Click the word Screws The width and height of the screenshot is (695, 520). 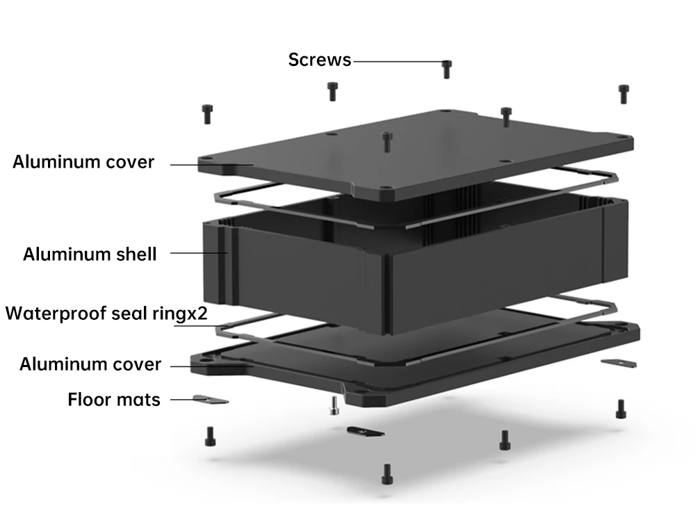coord(320,60)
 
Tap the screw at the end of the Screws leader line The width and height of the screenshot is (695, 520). coord(446,68)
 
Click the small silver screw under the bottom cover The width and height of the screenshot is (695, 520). coord(334,405)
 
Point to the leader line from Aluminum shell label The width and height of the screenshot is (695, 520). coord(198,253)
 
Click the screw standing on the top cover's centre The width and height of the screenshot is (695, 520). coord(386,141)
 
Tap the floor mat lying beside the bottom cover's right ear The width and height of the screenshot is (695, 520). coord(618,362)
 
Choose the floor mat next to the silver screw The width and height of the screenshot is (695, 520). coord(365,432)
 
